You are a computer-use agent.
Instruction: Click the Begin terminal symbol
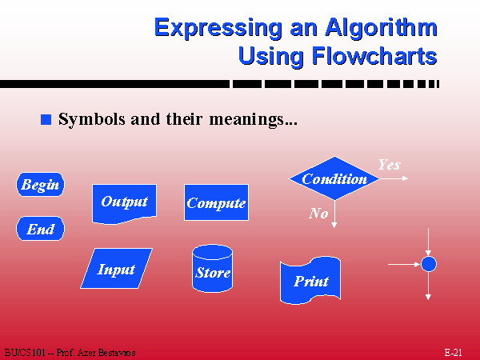point(41,184)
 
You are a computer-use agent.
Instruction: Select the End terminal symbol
point(41,228)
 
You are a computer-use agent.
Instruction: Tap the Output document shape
point(124,203)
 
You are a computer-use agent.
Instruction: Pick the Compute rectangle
point(216,202)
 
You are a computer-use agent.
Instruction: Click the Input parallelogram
point(116,269)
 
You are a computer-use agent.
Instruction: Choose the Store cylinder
point(213,269)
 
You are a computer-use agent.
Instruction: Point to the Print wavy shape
point(310,281)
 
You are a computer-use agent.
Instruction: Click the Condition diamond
point(334,178)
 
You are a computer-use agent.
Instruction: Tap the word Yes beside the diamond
point(390,165)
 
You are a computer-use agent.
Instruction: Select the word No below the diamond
point(318,213)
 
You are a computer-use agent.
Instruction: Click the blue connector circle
point(429,264)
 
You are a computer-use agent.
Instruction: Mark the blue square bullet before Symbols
point(46,119)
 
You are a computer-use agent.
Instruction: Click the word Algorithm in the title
point(381,28)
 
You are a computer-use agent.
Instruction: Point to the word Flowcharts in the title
point(374,56)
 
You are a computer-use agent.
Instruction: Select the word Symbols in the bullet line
point(92,119)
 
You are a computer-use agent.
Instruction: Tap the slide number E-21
point(453,352)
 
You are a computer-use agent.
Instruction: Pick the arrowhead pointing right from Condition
point(406,178)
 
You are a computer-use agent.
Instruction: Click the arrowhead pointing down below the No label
point(334,225)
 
